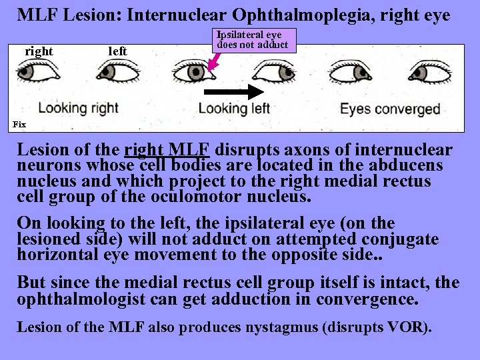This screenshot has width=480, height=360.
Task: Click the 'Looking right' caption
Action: pos(78,108)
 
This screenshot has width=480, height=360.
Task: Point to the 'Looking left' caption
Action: pos(234,109)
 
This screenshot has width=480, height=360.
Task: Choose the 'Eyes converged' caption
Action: pos(390,109)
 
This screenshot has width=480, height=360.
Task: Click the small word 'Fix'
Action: pos(19,124)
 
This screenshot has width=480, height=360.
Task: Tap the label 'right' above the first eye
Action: pos(39,51)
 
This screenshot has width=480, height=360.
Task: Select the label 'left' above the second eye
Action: pos(117,51)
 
